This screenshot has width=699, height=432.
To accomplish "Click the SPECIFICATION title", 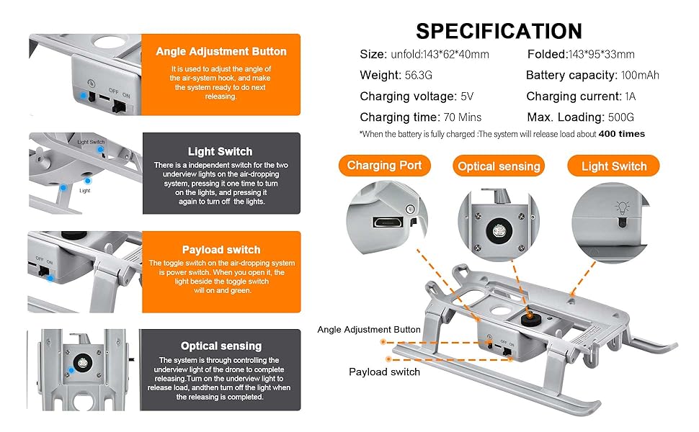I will [499, 31].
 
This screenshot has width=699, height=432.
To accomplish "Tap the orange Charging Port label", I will [384, 166].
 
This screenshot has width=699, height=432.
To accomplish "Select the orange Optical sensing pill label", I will [498, 166].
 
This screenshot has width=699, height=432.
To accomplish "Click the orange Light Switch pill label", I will [614, 166].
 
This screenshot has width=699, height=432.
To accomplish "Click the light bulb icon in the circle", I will [619, 208].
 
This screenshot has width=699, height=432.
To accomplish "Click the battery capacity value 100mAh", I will [639, 76].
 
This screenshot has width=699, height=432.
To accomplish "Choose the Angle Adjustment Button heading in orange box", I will [221, 52].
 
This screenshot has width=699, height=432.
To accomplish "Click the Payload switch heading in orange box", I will [221, 250].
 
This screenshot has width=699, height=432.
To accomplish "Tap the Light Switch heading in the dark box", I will [220, 151].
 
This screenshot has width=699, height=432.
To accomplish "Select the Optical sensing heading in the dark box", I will [221, 346].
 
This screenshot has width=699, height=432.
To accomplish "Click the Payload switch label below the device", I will [384, 372].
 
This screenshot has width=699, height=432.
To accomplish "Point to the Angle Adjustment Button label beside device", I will [368, 330].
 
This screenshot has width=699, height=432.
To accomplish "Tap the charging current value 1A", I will [631, 96].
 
